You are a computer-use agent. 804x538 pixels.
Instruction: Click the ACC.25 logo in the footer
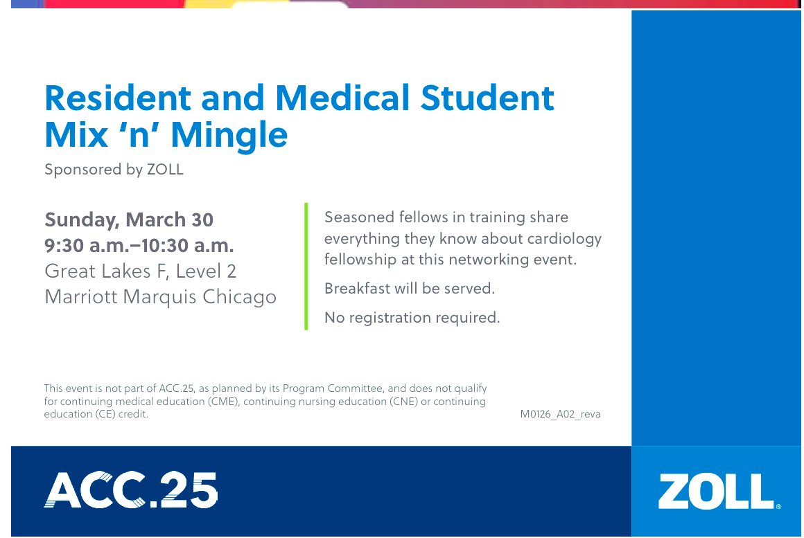pyautogui.click(x=131, y=490)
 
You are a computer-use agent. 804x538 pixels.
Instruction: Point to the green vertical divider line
pyautogui.click(x=306, y=267)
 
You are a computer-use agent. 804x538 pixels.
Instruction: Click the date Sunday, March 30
pyautogui.click(x=129, y=220)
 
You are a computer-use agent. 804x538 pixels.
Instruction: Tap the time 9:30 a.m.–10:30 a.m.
pyautogui.click(x=139, y=246)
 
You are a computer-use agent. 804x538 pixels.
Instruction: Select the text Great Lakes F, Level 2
pyautogui.click(x=141, y=271)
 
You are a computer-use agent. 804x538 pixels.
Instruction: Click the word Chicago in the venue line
pyautogui.click(x=239, y=297)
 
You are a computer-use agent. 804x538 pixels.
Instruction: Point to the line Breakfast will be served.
pyautogui.click(x=410, y=289)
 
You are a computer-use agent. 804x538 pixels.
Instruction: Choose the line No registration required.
pyautogui.click(x=412, y=318)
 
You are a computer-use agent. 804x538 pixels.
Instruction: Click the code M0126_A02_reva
pyautogui.click(x=560, y=415)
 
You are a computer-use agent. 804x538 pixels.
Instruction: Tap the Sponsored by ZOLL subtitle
pyautogui.click(x=114, y=170)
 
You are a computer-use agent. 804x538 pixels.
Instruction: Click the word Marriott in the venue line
pyautogui.click(x=80, y=297)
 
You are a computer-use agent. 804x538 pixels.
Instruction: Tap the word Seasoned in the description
pyautogui.click(x=359, y=217)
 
